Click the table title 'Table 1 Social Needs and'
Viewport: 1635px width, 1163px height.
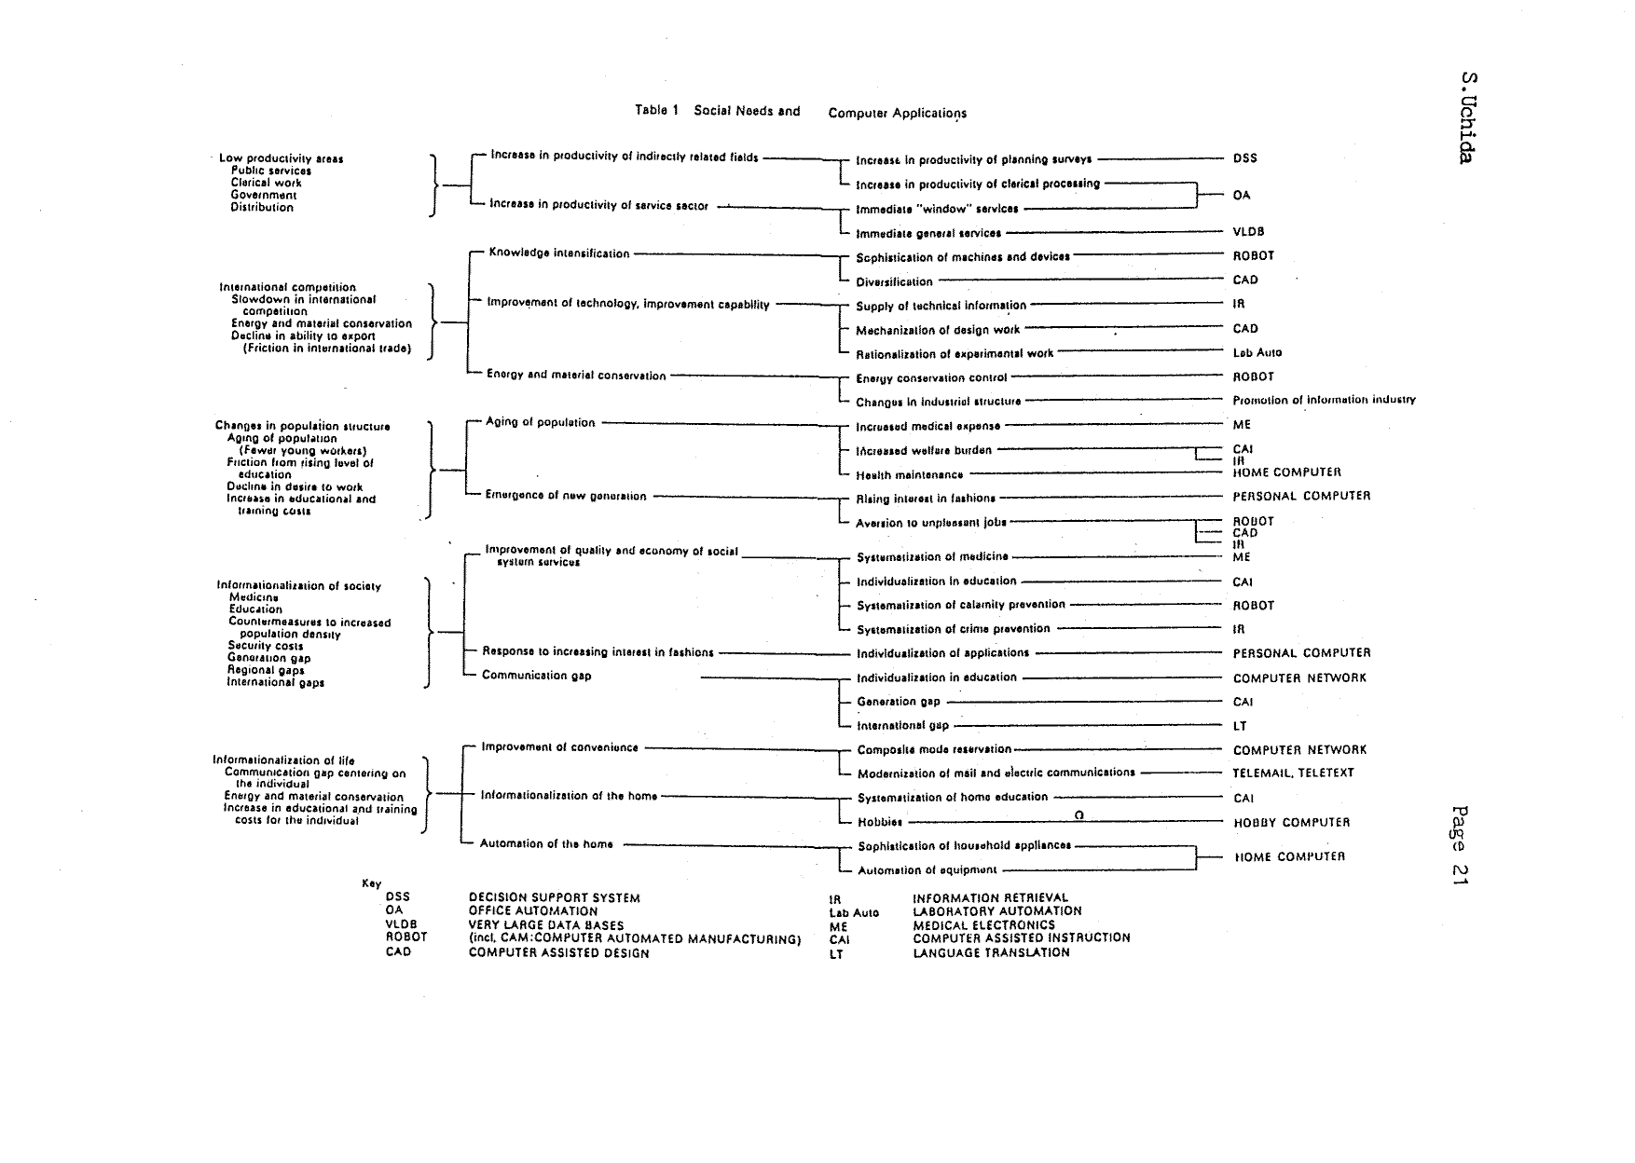[717, 111]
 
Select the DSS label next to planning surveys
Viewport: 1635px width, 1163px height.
[1244, 158]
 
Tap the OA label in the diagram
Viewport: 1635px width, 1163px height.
[1242, 196]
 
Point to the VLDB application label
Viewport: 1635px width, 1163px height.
[1248, 232]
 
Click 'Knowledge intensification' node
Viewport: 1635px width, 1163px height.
[559, 253]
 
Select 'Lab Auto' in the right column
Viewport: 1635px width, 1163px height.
[1257, 352]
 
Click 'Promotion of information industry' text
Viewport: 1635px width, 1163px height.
[1324, 400]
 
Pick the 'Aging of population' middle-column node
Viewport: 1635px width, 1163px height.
[540, 422]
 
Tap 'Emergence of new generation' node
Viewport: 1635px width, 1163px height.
[565, 496]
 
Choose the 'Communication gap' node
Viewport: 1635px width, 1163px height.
[536, 676]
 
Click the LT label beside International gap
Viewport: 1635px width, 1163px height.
[1240, 726]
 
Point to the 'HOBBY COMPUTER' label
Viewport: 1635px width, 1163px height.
[1291, 823]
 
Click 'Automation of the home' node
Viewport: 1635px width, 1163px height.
[546, 844]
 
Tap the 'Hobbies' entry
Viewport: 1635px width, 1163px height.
[880, 823]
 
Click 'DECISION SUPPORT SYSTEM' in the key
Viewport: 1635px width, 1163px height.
[554, 898]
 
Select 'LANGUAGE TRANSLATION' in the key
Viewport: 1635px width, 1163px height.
[991, 952]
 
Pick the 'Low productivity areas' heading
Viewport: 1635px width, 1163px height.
[281, 158]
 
